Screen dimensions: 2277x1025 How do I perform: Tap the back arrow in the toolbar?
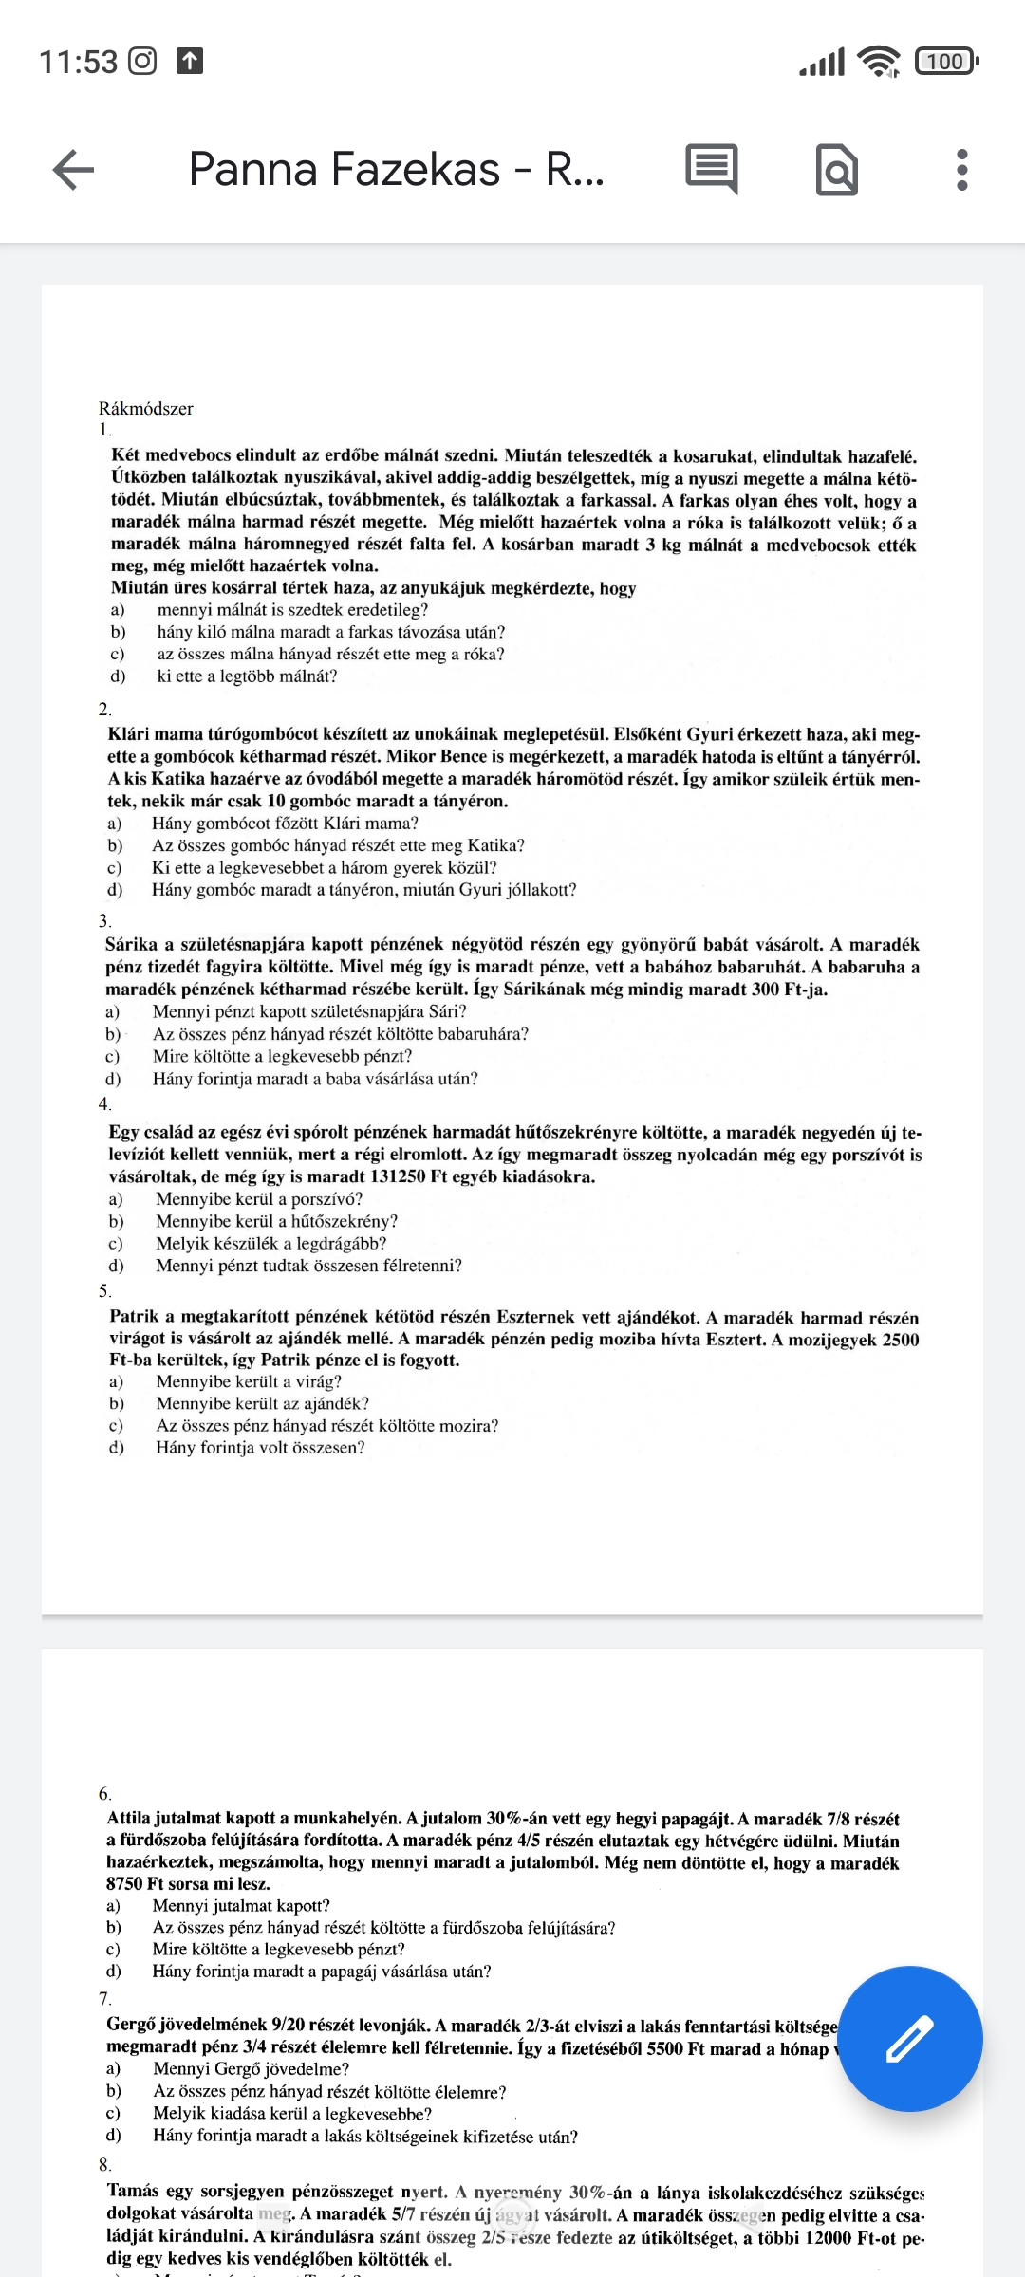tap(73, 171)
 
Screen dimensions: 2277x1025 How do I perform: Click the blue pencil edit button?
tap(910, 2038)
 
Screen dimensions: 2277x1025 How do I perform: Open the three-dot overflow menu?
tap(961, 171)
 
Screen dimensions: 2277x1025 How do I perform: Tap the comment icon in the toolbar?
tap(712, 170)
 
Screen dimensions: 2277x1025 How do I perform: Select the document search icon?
tap(837, 171)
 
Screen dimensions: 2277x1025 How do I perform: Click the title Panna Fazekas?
tap(396, 170)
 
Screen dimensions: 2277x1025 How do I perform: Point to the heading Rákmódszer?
tap(145, 409)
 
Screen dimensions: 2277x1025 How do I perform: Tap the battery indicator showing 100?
tap(945, 62)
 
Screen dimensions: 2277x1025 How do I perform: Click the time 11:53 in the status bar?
tap(78, 62)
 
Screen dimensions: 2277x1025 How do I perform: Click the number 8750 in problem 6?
tap(125, 1883)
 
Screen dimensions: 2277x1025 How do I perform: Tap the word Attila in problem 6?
tap(129, 1818)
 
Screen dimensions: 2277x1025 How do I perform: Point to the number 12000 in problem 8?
tap(802, 2237)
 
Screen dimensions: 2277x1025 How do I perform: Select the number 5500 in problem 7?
tap(664, 2048)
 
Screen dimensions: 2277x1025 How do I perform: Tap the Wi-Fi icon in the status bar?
tap(879, 62)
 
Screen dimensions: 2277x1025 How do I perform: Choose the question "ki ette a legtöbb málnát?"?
tap(247, 676)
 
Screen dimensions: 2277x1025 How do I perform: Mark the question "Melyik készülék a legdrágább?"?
tap(270, 1243)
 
